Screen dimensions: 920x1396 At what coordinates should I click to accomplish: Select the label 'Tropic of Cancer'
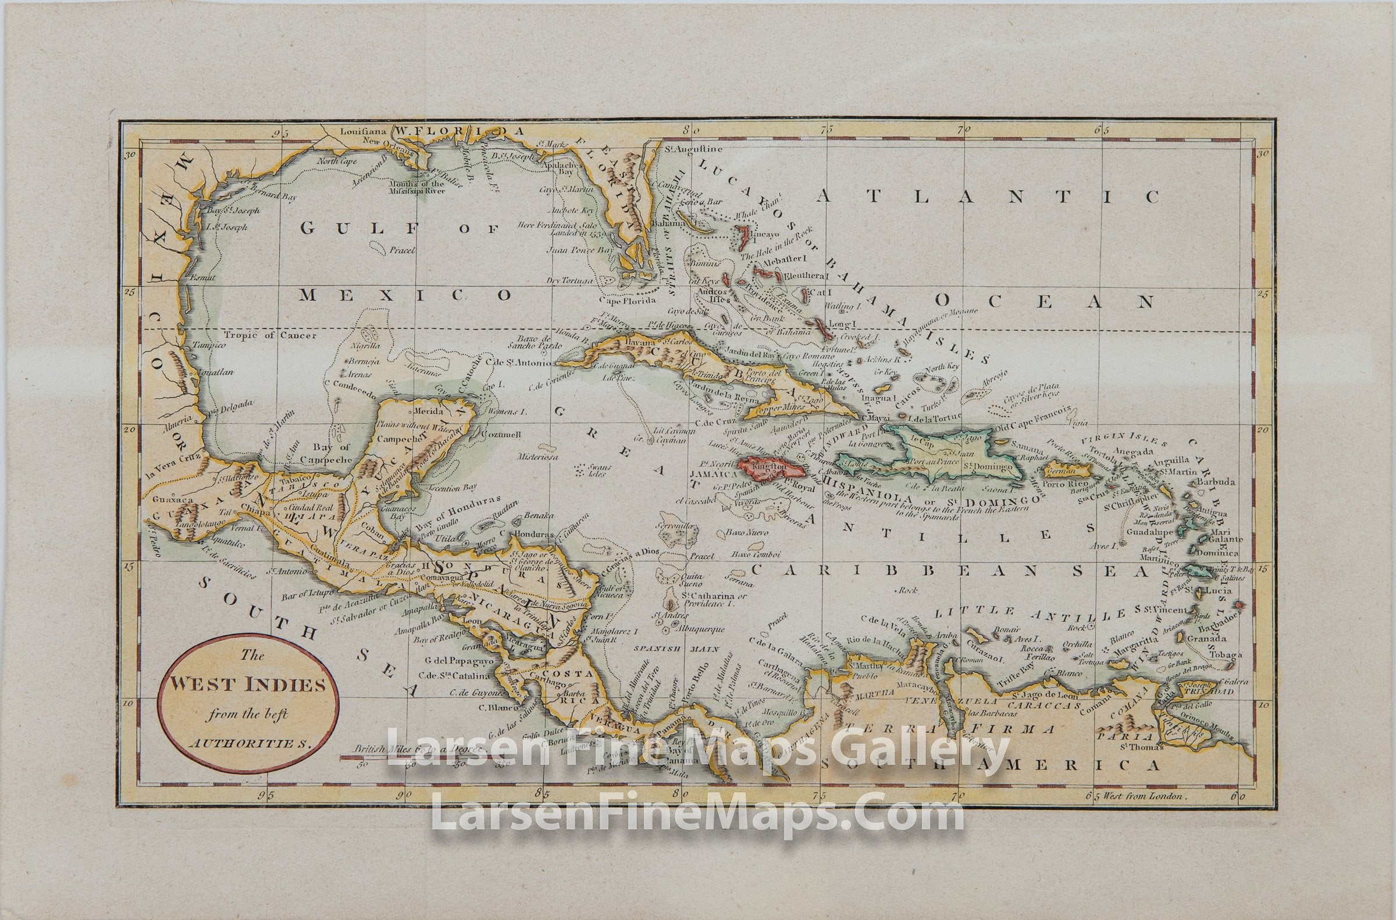[x=270, y=335]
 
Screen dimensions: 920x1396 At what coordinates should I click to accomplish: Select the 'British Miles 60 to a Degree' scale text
[x=418, y=749]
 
